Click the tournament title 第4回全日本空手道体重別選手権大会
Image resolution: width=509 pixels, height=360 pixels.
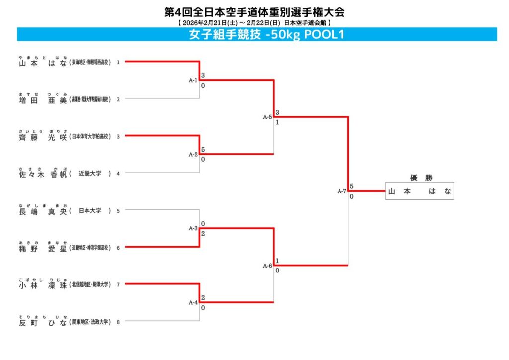point(254,12)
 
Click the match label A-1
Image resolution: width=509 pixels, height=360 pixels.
point(193,80)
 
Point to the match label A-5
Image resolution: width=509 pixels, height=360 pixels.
point(267,117)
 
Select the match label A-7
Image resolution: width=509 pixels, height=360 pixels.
point(341,191)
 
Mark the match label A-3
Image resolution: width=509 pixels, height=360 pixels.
point(193,228)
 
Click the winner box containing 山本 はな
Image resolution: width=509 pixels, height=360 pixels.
point(420,191)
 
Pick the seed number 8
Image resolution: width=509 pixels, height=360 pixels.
point(118,322)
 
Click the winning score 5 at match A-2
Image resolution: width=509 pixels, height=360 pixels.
point(203,149)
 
